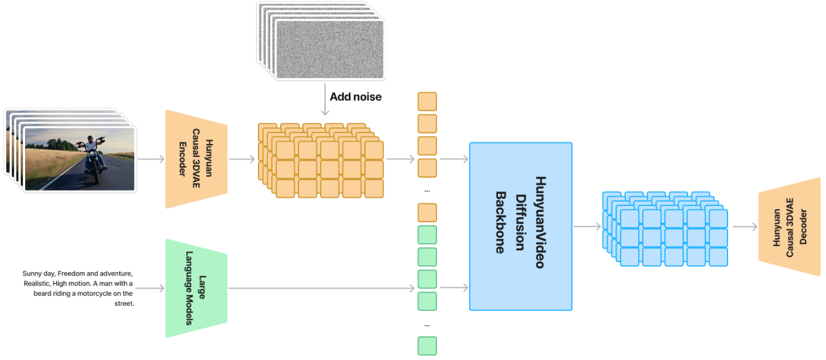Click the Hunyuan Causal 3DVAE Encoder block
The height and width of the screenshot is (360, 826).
(x=196, y=159)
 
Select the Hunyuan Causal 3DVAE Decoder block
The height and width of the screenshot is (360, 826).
(x=789, y=231)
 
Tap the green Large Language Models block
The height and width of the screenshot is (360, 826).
(x=196, y=288)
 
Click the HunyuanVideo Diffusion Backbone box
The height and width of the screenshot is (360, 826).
(x=520, y=226)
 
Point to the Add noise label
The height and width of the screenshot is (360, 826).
(x=355, y=97)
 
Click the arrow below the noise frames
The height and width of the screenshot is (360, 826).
(x=324, y=101)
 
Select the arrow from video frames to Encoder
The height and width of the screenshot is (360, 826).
(x=150, y=159)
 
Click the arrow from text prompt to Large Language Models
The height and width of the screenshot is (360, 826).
(x=150, y=288)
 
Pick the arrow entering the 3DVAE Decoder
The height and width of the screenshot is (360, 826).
(x=745, y=226)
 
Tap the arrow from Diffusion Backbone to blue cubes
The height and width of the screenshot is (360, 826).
(x=587, y=226)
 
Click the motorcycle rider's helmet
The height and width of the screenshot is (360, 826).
(x=90, y=140)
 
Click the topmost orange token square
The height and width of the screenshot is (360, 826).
(x=427, y=102)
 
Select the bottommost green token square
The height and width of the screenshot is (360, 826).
(x=427, y=346)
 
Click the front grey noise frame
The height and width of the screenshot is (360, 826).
(x=330, y=49)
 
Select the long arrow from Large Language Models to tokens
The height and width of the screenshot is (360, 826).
(x=320, y=288)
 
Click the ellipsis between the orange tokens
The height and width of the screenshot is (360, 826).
(x=427, y=191)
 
